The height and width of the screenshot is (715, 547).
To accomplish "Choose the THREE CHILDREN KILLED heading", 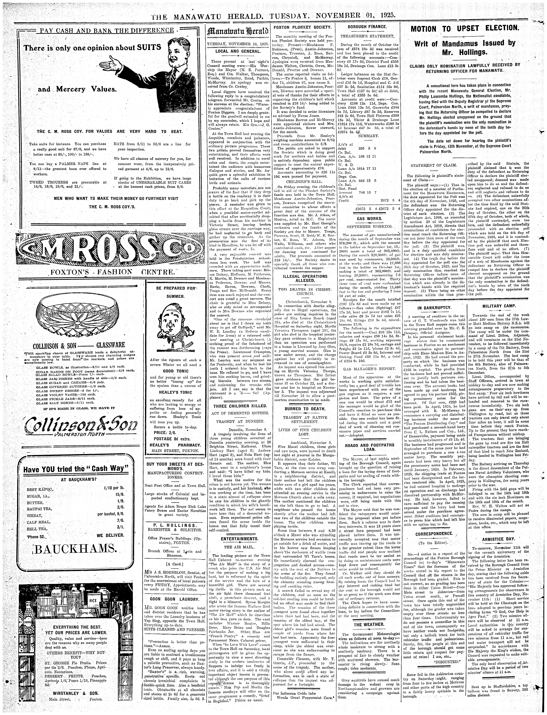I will (x=240, y=406).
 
